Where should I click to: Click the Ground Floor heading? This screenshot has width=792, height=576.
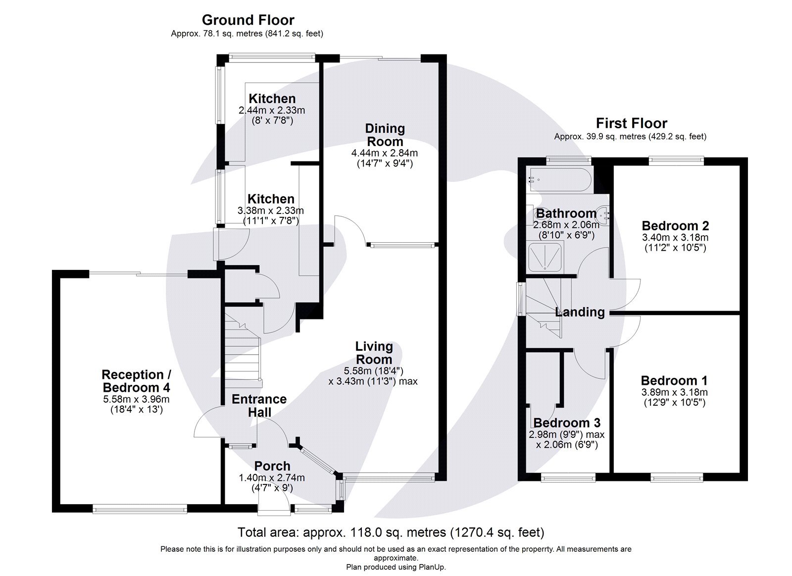pyautogui.click(x=247, y=20)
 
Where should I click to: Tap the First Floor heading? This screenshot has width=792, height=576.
pyautogui.click(x=631, y=123)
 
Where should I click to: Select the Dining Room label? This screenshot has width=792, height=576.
pyautogui.click(x=385, y=135)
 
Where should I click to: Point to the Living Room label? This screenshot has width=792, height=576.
pyautogui.click(x=374, y=353)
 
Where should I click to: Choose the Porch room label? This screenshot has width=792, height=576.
pyautogui.click(x=272, y=466)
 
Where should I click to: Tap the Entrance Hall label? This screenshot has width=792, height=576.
pyautogui.click(x=259, y=405)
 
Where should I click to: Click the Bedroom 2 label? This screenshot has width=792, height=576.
pyautogui.click(x=675, y=226)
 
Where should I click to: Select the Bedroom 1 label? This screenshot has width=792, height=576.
pyautogui.click(x=674, y=380)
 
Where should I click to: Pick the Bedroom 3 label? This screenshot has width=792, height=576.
pyautogui.click(x=567, y=422)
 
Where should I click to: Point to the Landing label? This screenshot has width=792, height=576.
pyautogui.click(x=580, y=312)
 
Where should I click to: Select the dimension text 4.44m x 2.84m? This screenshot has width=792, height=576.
pyautogui.click(x=384, y=153)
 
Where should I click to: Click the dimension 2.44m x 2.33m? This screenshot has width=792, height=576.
pyautogui.click(x=271, y=110)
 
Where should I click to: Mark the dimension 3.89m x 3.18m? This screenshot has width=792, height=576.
pyautogui.click(x=674, y=392)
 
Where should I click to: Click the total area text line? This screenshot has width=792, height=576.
pyautogui.click(x=391, y=532)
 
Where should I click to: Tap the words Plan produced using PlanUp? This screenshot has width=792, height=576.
pyautogui.click(x=396, y=567)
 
